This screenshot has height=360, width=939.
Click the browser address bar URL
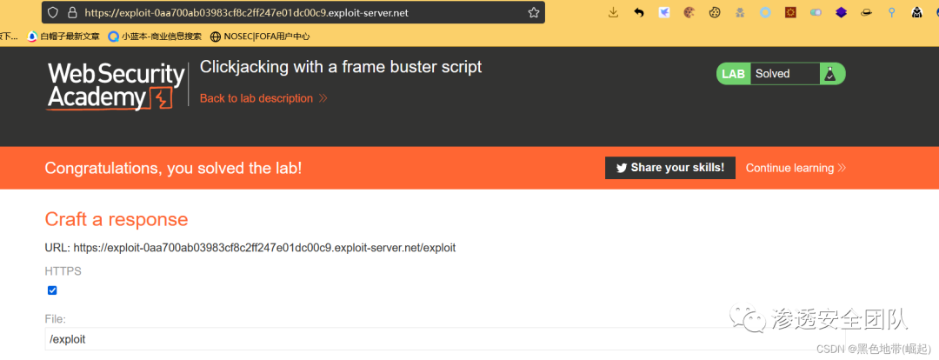(x=247, y=13)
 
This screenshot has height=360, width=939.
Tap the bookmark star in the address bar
(x=533, y=13)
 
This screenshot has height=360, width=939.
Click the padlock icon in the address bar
(x=71, y=13)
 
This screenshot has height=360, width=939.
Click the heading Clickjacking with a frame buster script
(x=341, y=67)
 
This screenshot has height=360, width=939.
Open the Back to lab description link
(x=256, y=98)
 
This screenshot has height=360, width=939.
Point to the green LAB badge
(x=733, y=74)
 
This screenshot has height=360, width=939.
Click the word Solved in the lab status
(x=772, y=74)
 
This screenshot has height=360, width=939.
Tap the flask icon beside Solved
(x=830, y=75)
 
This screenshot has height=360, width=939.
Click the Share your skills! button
(x=670, y=168)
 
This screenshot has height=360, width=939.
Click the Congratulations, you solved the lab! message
(x=173, y=168)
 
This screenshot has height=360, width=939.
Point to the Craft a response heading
(x=117, y=218)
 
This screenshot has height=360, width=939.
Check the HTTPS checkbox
(x=52, y=290)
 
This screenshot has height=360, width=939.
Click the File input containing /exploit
(x=348, y=339)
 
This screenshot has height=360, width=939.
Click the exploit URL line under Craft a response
(x=250, y=248)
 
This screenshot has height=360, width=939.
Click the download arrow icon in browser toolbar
(x=613, y=12)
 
